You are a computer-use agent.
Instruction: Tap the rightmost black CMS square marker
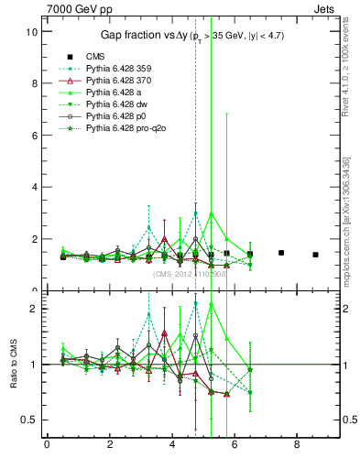click(x=315, y=255)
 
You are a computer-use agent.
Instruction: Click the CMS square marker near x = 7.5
click(x=281, y=253)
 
